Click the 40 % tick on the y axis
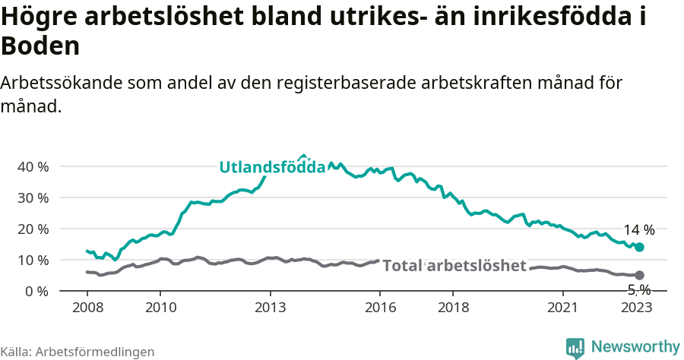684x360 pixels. [x=32, y=166]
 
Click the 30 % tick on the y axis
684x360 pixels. [x=32, y=197]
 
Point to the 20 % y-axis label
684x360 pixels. [x=32, y=229]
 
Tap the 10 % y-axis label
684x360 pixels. [x=32, y=260]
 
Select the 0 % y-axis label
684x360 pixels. [x=36, y=291]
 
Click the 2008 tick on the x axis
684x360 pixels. [x=87, y=307]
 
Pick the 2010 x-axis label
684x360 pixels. [x=160, y=307]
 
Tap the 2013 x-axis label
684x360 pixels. [x=270, y=307]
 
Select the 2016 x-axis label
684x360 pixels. [x=380, y=307]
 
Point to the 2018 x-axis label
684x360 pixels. [x=453, y=307]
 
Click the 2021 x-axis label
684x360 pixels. [x=563, y=307]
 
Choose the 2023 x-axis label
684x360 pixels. [x=636, y=307]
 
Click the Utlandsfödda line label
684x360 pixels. [x=272, y=168]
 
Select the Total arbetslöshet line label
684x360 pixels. [x=454, y=265]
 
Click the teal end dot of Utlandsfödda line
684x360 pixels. [x=640, y=247]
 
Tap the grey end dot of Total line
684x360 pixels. [x=640, y=275]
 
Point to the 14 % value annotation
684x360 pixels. [x=639, y=230]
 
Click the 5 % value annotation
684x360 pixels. [x=639, y=289]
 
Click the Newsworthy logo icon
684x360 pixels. [x=575, y=347]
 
